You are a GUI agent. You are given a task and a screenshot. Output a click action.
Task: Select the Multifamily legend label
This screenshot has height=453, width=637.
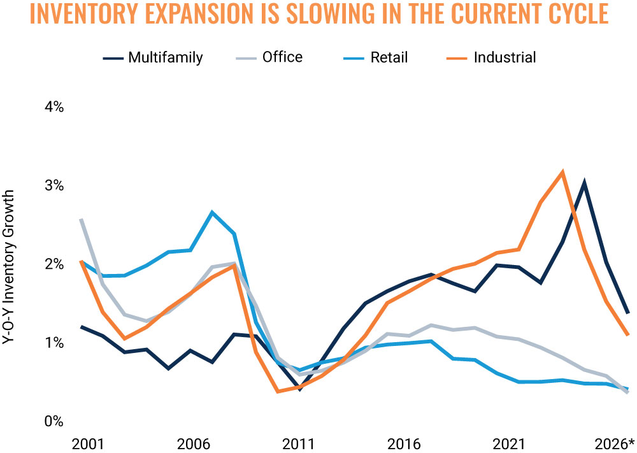point(166,58)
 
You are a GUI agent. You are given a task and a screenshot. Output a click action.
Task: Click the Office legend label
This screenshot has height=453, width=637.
point(282,57)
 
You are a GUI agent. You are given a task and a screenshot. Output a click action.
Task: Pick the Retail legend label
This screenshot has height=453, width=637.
point(389,57)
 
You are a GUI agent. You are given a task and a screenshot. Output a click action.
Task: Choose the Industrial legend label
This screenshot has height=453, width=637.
point(505,57)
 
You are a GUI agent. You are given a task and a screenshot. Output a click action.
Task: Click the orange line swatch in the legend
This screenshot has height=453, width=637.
point(457,59)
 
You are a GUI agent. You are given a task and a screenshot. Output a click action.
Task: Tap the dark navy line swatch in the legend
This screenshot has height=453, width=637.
point(113,59)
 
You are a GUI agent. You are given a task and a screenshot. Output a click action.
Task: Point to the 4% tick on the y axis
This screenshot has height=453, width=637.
point(54,107)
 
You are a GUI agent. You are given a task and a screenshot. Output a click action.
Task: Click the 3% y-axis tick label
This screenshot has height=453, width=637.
point(54,185)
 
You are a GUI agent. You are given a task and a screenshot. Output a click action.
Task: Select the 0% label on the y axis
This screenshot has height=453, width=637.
point(54,421)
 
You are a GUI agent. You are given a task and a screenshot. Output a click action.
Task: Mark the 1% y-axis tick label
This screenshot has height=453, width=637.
point(54,343)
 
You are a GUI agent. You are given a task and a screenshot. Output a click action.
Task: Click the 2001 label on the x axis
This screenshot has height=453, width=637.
point(87,444)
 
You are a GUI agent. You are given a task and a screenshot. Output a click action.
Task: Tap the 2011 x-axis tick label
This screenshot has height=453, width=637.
point(298,444)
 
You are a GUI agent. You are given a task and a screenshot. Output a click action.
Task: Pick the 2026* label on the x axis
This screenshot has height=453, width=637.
point(614,443)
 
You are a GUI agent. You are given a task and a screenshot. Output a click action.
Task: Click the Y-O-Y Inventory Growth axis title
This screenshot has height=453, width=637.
point(8,267)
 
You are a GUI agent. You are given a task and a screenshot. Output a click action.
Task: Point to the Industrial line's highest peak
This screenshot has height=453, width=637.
point(562,171)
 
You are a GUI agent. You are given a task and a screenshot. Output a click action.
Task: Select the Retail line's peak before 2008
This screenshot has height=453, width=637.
point(212,212)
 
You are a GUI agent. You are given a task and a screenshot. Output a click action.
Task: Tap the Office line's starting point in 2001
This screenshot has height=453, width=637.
point(82,220)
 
